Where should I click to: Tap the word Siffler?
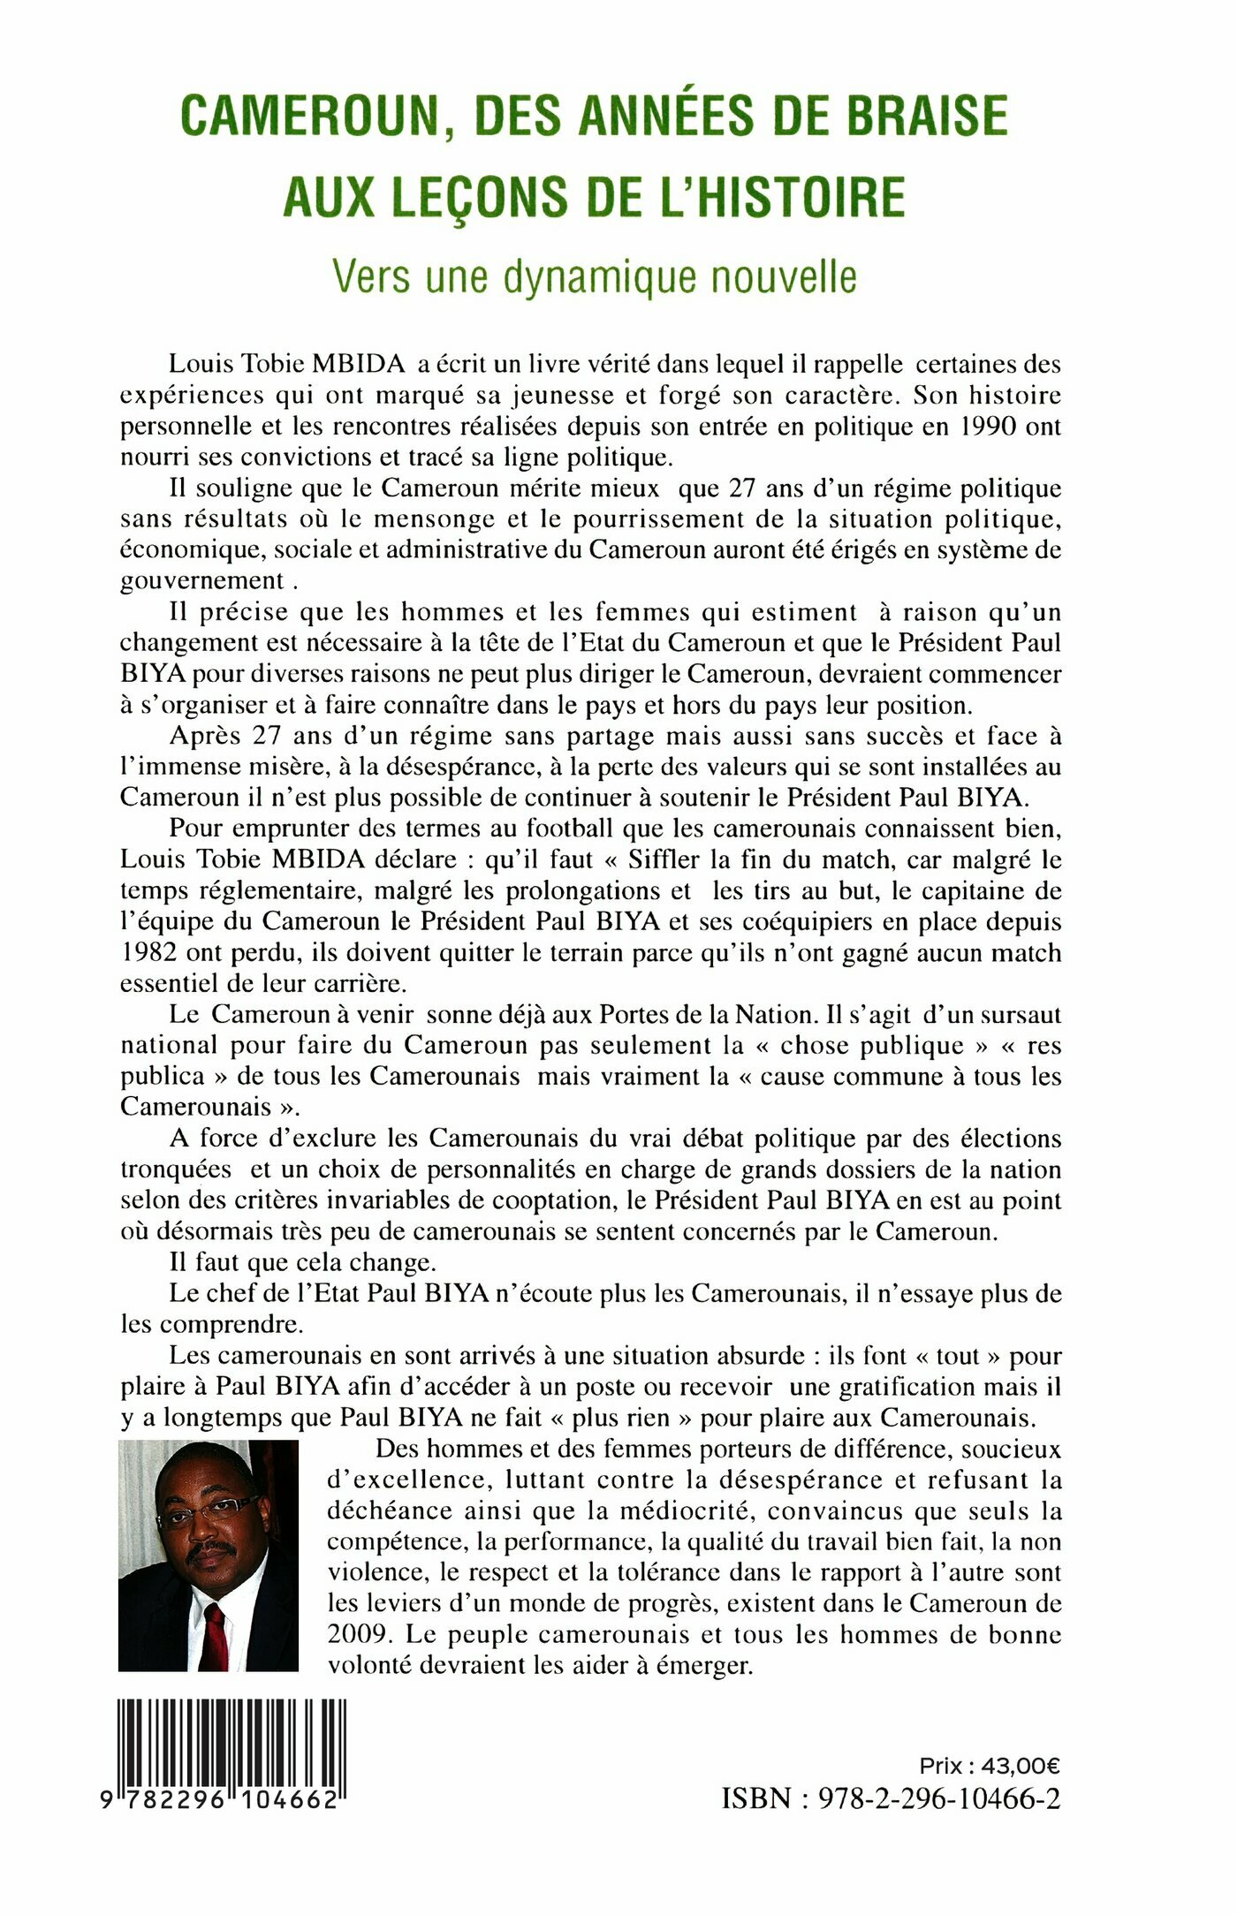coord(664,859)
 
